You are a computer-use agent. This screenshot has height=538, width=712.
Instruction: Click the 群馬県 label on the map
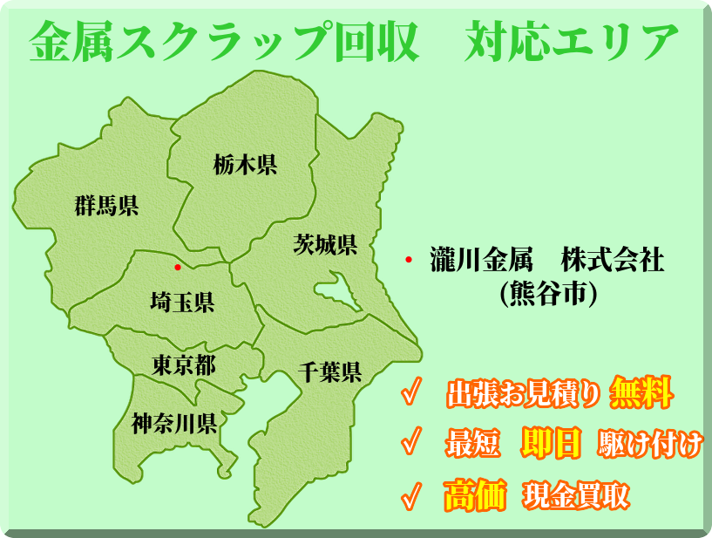(x=106, y=206)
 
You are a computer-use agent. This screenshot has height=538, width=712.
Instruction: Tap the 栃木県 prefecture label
(x=245, y=164)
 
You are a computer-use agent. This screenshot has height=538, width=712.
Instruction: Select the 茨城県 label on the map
(x=325, y=245)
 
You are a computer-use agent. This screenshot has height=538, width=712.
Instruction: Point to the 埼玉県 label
(x=182, y=303)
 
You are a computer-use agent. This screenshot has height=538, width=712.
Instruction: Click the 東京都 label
(x=184, y=364)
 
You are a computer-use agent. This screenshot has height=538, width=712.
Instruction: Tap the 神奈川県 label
(x=174, y=424)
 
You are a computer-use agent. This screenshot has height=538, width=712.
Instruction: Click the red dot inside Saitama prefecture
(x=178, y=267)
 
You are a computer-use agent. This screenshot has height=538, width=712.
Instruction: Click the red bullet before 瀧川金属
(x=408, y=261)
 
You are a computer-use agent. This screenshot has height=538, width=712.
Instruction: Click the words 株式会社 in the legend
(x=613, y=261)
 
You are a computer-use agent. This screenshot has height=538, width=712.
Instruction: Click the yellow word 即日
(x=551, y=445)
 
